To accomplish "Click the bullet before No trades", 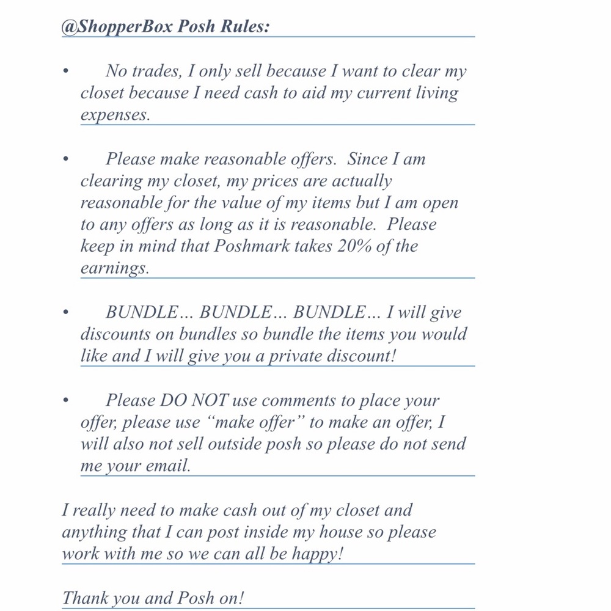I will [65, 71].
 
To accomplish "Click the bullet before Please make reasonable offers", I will [65, 159].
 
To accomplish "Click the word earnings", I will [114, 269].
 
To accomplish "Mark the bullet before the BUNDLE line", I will [65, 313].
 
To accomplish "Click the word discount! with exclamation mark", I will [362, 356].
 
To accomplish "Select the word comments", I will [291, 401].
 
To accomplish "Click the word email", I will [167, 466].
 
